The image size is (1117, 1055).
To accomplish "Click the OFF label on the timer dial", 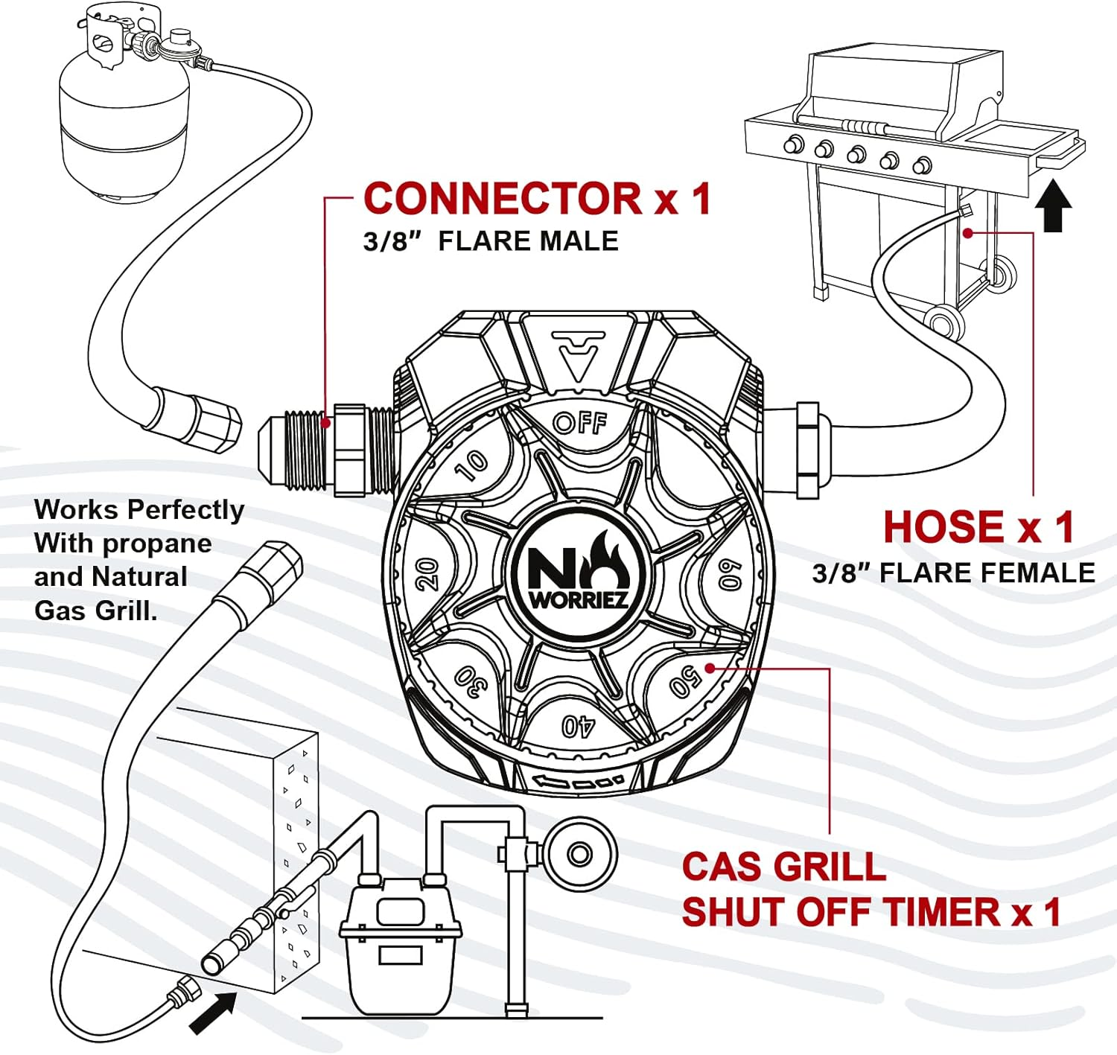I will coord(580,424).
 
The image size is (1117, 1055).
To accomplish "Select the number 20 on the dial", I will coord(427,574).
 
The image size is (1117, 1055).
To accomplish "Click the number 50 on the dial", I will coord(685,681).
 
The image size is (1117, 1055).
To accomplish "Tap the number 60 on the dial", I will coord(731,574).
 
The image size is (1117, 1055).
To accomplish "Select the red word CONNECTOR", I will coord(503,199).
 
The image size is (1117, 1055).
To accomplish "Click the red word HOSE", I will coord(943,527).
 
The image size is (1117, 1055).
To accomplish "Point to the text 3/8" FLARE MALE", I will coord(491,241).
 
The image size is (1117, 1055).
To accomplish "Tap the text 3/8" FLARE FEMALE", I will coord(953,573).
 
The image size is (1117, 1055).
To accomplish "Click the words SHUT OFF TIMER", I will coord(841,913).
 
